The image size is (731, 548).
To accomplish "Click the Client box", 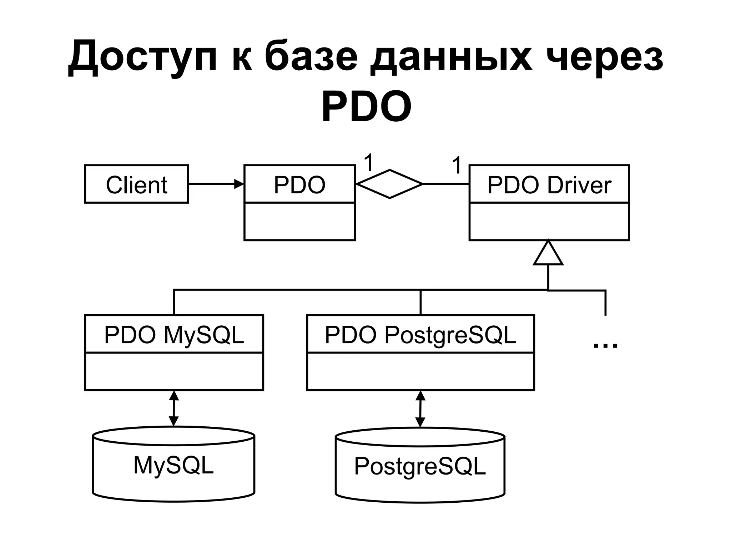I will pyautogui.click(x=136, y=184).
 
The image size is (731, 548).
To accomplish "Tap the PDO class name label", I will pyautogui.click(x=299, y=185).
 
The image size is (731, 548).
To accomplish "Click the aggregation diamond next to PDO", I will pyautogui.click(x=389, y=184).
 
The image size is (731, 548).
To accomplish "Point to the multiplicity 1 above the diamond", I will pyautogui.click(x=368, y=163).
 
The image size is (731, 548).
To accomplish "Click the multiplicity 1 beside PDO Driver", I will pyautogui.click(x=457, y=166).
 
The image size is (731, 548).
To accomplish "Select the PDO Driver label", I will pyautogui.click(x=549, y=185).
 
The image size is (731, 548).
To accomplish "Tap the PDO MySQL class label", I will pyautogui.click(x=174, y=335).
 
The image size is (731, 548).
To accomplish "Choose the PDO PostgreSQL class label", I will pyautogui.click(x=420, y=335).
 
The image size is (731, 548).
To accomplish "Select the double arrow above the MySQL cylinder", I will pyautogui.click(x=174, y=408).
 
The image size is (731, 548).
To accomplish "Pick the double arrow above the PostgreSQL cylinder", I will pyautogui.click(x=420, y=409).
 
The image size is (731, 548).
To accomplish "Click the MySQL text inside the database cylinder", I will pyautogui.click(x=173, y=465).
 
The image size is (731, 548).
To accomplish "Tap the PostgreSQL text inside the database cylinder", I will pyautogui.click(x=420, y=466).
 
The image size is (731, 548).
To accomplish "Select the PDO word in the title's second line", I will pyautogui.click(x=367, y=106).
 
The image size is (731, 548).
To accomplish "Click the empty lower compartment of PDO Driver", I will pyautogui.click(x=549, y=222).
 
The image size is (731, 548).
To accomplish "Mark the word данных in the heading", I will pyautogui.click(x=451, y=57).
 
